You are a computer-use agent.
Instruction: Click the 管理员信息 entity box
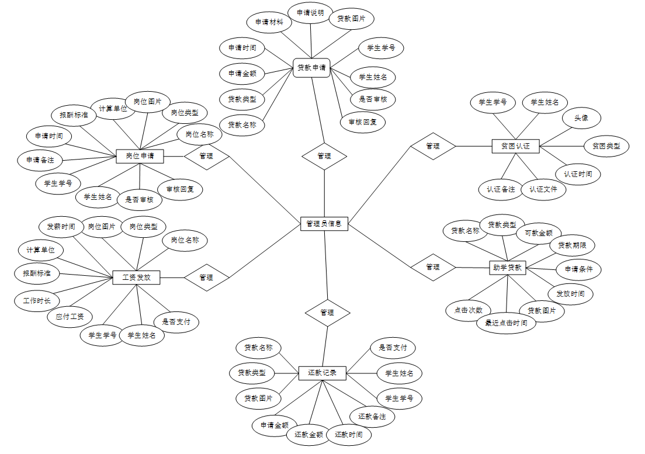coord(324,223)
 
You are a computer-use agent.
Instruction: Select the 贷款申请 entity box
coord(311,67)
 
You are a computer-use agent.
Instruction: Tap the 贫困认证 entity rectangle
coord(515,145)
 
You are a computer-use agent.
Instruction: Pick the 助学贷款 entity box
coord(507,268)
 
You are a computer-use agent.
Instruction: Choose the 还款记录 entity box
coord(322,373)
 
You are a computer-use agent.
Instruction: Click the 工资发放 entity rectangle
coord(136,278)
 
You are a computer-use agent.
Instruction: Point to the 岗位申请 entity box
coord(140,156)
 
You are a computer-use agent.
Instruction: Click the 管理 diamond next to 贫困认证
coord(433,146)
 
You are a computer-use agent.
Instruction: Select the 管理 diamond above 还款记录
coord(327,313)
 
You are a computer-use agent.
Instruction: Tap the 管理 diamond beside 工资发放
coord(206,277)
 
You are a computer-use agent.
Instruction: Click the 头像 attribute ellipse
coord(581,118)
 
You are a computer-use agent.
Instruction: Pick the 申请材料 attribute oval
coord(269,22)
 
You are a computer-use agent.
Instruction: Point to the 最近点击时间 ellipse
coord(507,323)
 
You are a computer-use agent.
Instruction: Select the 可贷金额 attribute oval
coord(538,233)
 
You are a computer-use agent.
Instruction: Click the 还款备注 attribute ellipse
coord(372,416)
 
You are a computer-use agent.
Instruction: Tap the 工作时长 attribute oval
coord(37,301)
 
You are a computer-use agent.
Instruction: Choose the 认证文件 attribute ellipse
coord(543,189)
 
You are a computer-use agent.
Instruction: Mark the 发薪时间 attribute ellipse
coord(61,227)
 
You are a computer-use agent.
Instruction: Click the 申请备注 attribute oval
coord(40,160)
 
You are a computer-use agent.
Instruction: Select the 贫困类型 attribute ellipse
coord(606,145)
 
